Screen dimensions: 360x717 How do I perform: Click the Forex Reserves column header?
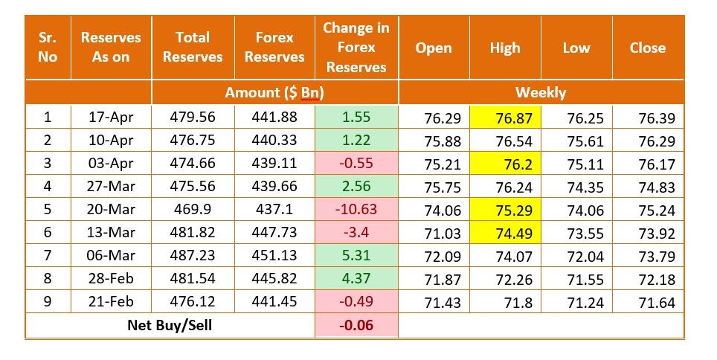point(274,47)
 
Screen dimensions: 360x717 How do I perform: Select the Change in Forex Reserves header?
point(356,47)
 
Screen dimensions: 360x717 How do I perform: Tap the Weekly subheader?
point(541,92)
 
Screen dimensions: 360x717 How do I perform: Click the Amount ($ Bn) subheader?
point(274,92)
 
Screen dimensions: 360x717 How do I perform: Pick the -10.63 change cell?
point(356,209)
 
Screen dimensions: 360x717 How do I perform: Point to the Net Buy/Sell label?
point(170,325)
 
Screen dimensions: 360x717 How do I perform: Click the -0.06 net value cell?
point(356,325)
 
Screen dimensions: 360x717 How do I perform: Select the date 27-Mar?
point(111,186)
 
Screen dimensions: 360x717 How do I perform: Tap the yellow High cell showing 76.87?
point(505,117)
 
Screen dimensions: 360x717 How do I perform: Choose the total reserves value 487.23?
point(193,255)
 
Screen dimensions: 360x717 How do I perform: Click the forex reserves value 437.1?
point(274,209)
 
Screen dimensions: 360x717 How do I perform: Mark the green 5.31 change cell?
point(356,255)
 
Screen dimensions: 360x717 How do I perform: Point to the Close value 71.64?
point(646,302)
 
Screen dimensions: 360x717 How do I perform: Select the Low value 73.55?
point(576,232)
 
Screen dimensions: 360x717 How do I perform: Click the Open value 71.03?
point(434,232)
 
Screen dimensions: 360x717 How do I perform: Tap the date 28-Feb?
point(111,278)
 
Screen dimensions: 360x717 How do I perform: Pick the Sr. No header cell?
point(48,47)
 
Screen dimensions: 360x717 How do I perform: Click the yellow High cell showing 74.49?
point(505,232)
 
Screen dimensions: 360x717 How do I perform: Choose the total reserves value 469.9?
point(193,209)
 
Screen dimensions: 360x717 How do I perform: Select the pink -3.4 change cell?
point(356,232)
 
